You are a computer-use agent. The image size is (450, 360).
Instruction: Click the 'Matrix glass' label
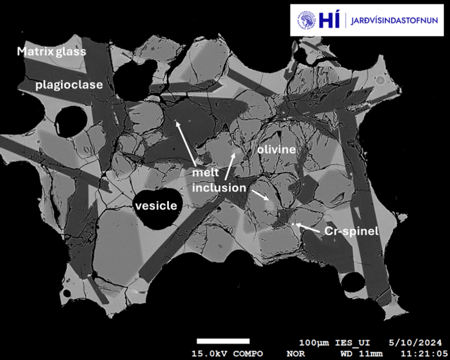pos(51,51)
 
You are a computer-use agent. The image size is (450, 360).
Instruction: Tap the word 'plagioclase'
pos(69,85)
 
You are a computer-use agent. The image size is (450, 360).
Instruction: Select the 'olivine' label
pos(276,150)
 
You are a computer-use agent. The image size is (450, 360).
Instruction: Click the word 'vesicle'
pos(156,206)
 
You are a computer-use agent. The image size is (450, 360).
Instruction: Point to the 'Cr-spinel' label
pos(351,231)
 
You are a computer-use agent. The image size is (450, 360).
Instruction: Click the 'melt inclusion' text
pos(218,180)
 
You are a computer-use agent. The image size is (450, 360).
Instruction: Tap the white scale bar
pos(223,341)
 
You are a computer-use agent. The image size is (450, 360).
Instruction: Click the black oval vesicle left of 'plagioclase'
pos(70,121)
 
